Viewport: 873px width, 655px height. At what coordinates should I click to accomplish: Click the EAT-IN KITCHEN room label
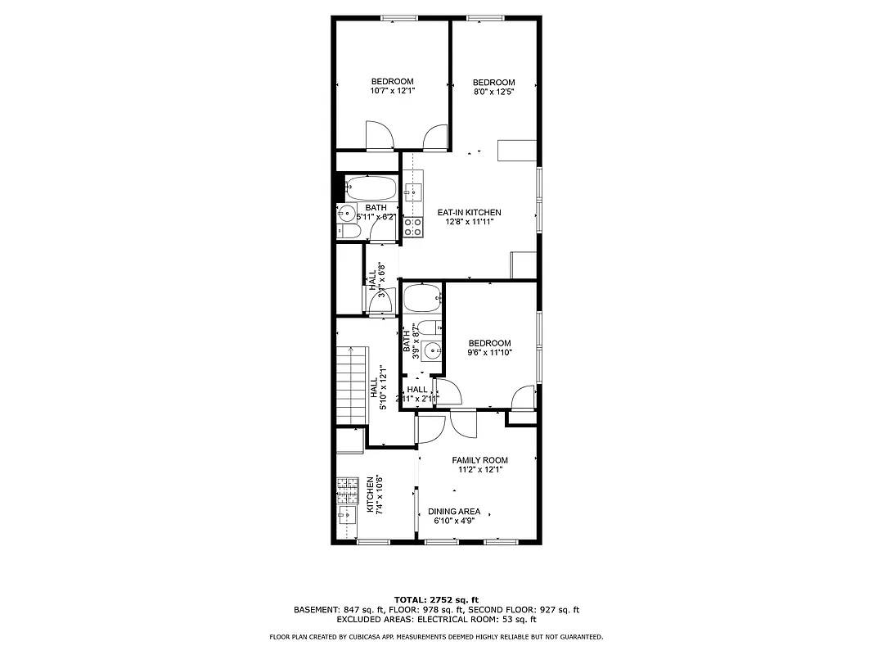(x=469, y=212)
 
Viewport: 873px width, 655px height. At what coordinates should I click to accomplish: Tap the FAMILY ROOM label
(x=479, y=460)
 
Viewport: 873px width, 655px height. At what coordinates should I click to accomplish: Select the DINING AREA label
(x=454, y=512)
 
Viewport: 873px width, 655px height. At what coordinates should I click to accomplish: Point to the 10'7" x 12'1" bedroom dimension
(x=392, y=92)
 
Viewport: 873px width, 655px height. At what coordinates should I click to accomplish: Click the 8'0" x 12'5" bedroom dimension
(x=493, y=92)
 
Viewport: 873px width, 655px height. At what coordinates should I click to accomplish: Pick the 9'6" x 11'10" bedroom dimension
(x=489, y=353)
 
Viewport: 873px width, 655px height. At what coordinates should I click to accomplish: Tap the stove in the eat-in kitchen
(x=412, y=227)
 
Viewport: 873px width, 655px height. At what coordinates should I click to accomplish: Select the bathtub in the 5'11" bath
(x=371, y=189)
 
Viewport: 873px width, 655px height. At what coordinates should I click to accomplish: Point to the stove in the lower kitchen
(x=348, y=490)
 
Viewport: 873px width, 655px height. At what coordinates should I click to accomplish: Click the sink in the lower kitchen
(x=347, y=516)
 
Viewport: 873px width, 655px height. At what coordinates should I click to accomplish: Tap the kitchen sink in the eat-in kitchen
(x=412, y=192)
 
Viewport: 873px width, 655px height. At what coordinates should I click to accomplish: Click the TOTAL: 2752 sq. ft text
(x=436, y=599)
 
